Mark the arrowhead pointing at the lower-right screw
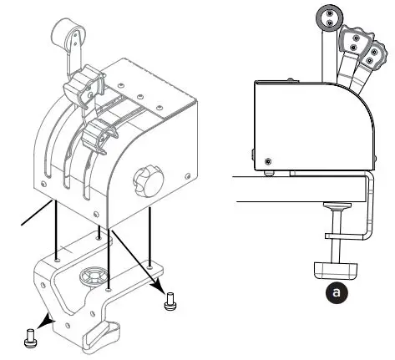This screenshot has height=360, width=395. tap(159, 282)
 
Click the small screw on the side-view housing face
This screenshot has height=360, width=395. tap(267, 161)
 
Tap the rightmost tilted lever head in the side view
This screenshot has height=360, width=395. tap(367, 52)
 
